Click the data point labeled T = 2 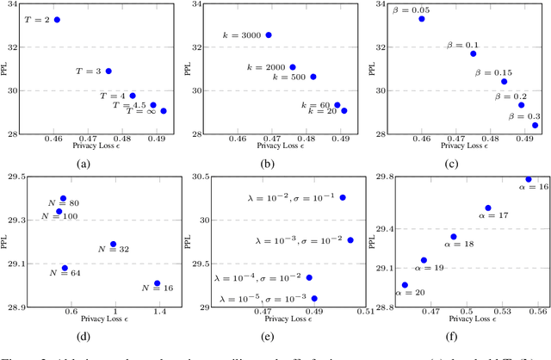[57, 19]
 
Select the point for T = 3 [108, 71]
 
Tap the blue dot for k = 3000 [269, 34]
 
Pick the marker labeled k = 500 [313, 77]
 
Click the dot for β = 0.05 [422, 18]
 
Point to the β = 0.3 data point [535, 125]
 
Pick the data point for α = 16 [529, 179]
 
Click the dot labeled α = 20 [405, 284]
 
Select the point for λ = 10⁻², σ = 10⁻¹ [342, 197]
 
